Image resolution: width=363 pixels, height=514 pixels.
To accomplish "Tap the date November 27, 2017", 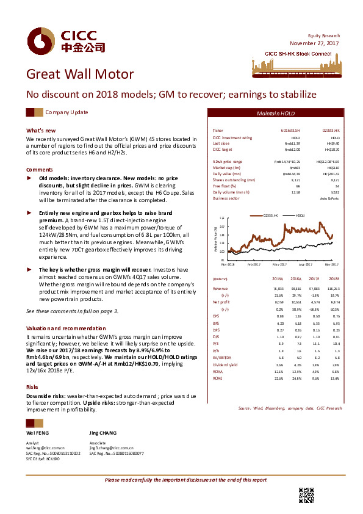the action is point(314,43).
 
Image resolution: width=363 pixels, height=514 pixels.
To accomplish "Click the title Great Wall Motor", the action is point(79,74).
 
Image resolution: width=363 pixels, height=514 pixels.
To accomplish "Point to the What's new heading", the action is point(41,131).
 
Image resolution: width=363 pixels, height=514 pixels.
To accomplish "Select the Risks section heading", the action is point(32,371).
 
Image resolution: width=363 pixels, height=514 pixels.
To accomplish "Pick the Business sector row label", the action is point(226,198).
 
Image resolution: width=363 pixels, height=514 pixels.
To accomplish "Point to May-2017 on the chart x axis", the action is point(279,264).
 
